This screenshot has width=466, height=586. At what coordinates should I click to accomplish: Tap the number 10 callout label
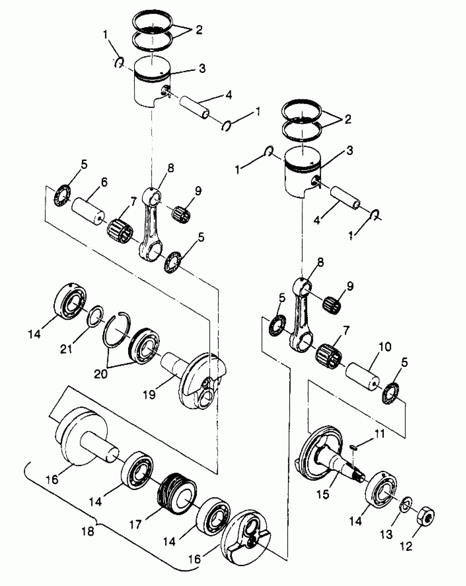tap(385, 347)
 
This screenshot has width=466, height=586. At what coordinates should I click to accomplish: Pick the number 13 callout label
tap(387, 534)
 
